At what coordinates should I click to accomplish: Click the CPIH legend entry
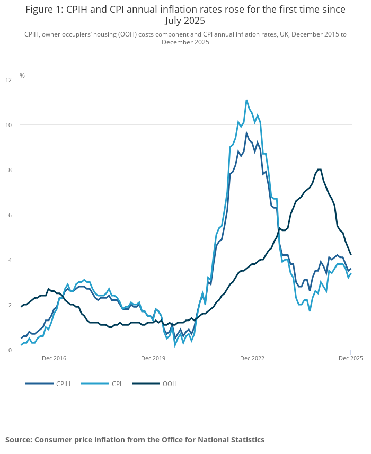[63, 384]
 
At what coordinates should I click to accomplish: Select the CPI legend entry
[116, 384]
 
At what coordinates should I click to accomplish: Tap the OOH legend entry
[170, 384]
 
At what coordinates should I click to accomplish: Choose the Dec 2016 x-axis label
[54, 359]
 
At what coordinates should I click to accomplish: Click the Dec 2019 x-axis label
[153, 359]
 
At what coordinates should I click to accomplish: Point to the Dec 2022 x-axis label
[252, 359]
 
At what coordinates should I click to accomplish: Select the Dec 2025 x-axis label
[350, 359]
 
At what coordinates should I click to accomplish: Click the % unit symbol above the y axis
[22, 76]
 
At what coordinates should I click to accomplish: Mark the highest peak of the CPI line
[246, 100]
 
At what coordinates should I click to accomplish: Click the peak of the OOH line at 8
[319, 170]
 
